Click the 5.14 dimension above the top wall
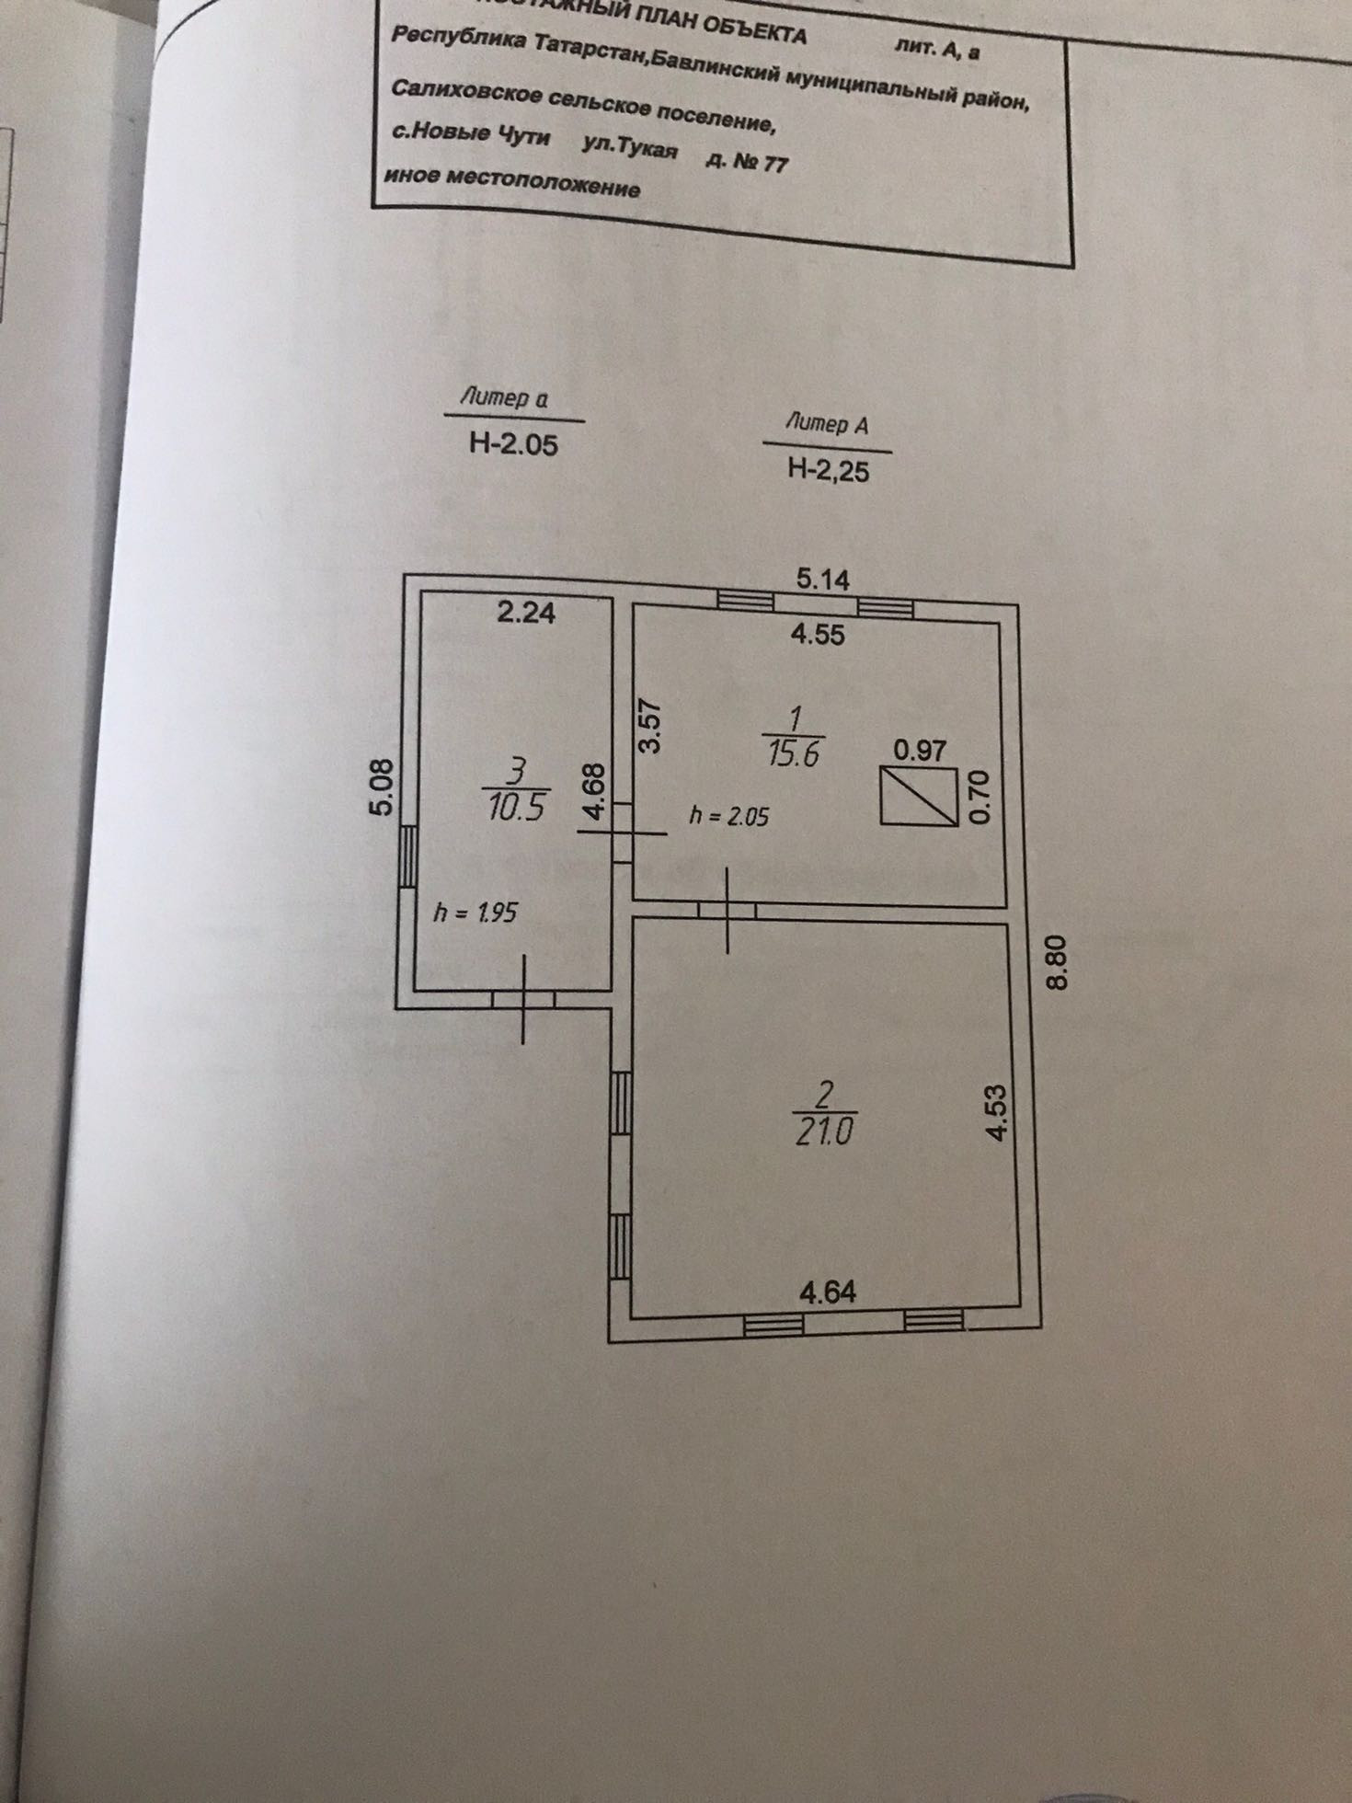[823, 580]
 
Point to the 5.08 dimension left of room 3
[384, 786]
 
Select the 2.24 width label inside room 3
[526, 613]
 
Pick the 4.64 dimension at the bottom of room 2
[828, 1292]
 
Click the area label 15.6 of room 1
[794, 754]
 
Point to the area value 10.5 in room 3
[517, 808]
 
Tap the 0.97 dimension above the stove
[920, 751]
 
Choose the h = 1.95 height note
[475, 913]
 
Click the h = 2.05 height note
[728, 816]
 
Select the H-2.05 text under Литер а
[513, 445]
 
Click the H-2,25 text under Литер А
[828, 470]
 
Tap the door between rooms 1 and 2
[728, 911]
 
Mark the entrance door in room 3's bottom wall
[523, 999]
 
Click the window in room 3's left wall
[407, 856]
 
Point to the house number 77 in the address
[775, 165]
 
